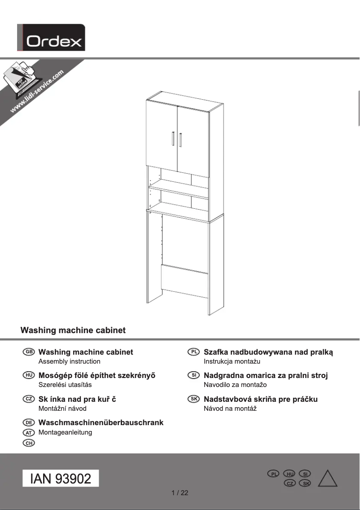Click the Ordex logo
(x=51, y=38)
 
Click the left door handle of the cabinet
(x=173, y=139)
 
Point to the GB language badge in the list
(x=28, y=352)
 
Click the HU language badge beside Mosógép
(x=28, y=376)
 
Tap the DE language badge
(x=28, y=423)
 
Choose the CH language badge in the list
(x=28, y=443)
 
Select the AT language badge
(x=28, y=433)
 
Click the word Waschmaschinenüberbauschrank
(x=101, y=423)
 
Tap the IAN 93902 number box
(x=61, y=479)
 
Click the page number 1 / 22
(x=180, y=493)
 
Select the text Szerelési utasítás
(x=65, y=385)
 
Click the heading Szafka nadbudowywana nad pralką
(x=268, y=352)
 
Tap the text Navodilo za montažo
(x=235, y=385)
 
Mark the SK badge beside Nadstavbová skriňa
(x=193, y=399)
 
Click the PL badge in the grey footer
(x=273, y=474)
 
